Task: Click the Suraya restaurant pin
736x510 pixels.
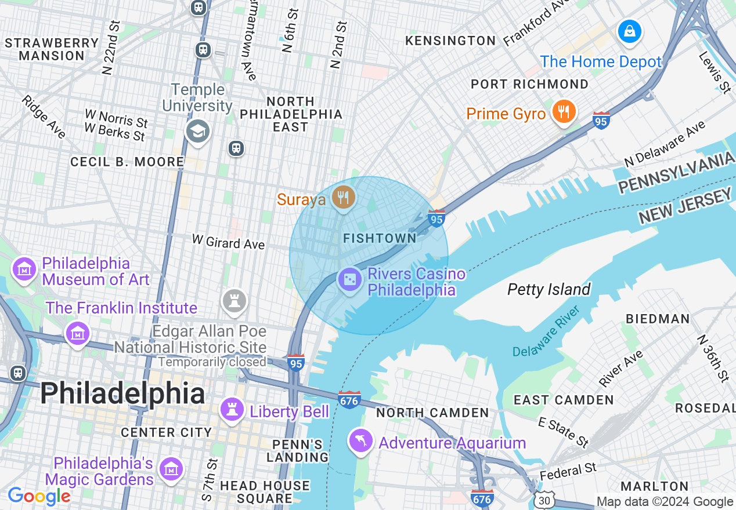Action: (x=344, y=198)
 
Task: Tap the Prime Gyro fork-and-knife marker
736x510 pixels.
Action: (x=564, y=111)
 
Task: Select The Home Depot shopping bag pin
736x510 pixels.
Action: (x=629, y=31)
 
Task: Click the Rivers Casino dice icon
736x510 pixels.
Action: (x=350, y=280)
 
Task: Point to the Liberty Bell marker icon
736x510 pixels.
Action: (x=232, y=410)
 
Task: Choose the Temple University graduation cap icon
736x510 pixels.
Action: (x=197, y=132)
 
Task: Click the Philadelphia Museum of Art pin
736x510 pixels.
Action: (x=24, y=269)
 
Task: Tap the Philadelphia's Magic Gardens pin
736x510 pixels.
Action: (x=171, y=469)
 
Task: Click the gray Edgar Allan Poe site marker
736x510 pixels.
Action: (x=234, y=301)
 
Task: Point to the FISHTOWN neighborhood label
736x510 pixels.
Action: (x=380, y=238)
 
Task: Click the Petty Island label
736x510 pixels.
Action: (x=549, y=289)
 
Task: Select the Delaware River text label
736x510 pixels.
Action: (x=546, y=331)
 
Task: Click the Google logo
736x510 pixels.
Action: (x=39, y=496)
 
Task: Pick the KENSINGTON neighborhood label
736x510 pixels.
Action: (x=450, y=41)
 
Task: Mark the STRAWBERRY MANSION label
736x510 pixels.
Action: (x=52, y=49)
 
